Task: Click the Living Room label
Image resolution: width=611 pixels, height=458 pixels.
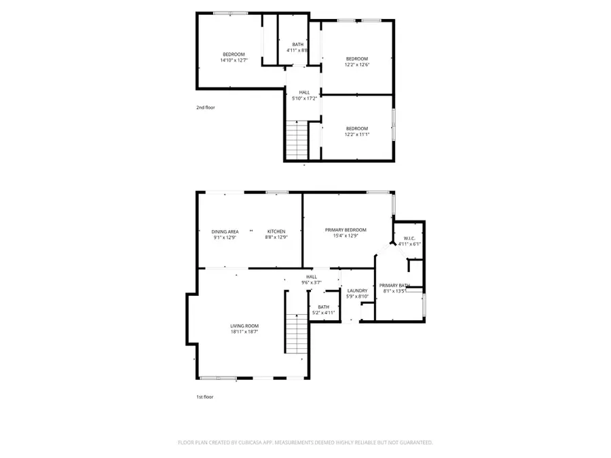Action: [x=244, y=326]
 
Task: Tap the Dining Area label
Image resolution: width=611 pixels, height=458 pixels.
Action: [x=225, y=231]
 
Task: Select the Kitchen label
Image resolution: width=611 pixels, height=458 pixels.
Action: [x=276, y=231]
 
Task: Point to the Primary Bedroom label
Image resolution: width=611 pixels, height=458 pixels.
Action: [x=346, y=230]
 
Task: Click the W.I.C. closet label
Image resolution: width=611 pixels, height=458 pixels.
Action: [x=409, y=238]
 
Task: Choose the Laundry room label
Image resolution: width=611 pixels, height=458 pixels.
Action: [x=357, y=290]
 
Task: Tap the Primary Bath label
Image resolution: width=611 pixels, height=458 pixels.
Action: [x=394, y=285]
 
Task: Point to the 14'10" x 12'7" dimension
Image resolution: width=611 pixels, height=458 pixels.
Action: [x=234, y=60]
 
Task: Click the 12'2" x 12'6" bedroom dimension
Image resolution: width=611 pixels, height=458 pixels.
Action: [x=356, y=64]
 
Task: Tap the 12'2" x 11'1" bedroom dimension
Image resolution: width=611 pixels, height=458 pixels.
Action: [x=356, y=134]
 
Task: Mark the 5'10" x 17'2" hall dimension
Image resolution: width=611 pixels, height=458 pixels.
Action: [x=304, y=98]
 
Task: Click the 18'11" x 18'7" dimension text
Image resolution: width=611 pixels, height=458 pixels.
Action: [x=244, y=332]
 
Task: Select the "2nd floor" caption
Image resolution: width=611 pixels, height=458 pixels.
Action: [x=206, y=107]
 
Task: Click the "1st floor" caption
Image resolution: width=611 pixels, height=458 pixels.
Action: [x=204, y=397]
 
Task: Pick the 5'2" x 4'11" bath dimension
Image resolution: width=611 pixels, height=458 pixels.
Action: [x=323, y=313]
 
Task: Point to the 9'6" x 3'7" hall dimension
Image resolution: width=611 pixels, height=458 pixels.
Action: [x=312, y=282]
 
